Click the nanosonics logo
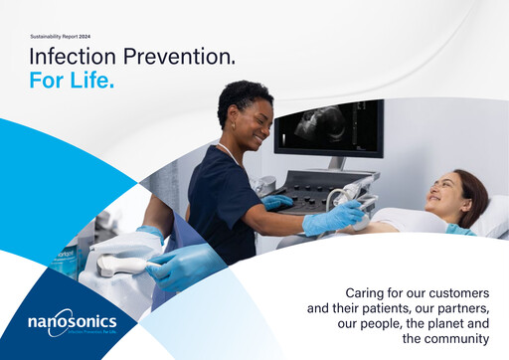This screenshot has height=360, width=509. point(72,321)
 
